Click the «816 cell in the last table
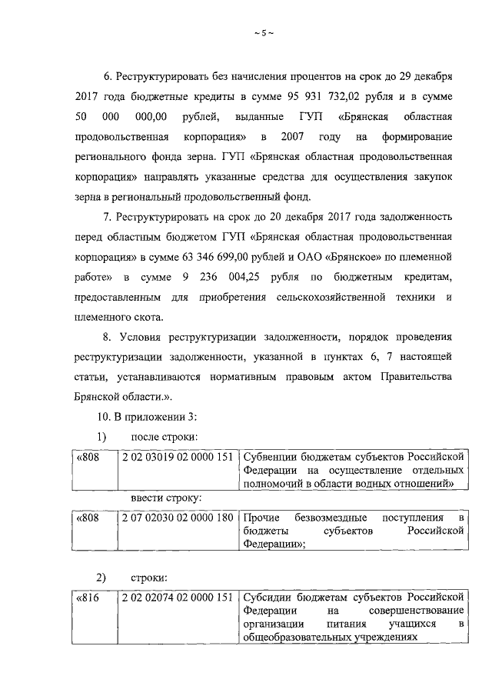tap(89, 597)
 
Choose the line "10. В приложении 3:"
tap(145, 417)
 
